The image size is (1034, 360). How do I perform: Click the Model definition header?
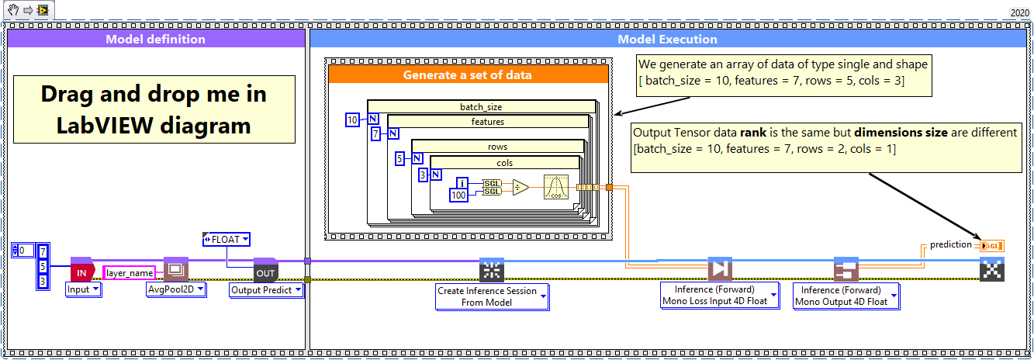point(155,39)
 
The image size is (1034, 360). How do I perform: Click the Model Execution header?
point(667,39)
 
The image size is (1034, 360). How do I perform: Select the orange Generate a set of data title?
point(467,75)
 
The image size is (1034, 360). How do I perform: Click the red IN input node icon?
point(81,271)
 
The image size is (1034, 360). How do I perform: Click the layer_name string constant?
point(130,272)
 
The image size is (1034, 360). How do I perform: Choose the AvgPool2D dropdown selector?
point(176,289)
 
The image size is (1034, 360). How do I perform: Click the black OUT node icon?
point(265,271)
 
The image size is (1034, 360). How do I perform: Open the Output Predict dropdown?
point(266,289)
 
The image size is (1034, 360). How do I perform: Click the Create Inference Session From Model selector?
point(492,296)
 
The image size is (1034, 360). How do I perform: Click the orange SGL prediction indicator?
point(991,246)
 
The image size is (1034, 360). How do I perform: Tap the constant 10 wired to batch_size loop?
point(352,119)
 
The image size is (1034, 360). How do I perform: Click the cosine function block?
point(556,187)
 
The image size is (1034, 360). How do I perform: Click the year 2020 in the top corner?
point(1019,13)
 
